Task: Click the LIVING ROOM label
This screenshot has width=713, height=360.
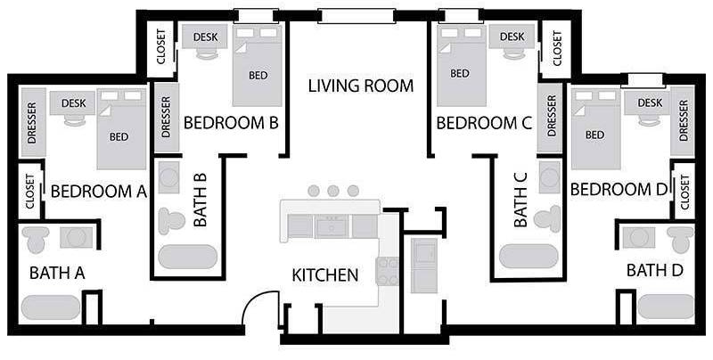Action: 361,86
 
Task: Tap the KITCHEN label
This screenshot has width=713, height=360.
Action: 324,275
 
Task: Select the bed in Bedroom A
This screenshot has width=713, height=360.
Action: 121,128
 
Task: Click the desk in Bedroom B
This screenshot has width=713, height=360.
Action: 205,37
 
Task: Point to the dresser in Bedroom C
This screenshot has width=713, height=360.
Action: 551,117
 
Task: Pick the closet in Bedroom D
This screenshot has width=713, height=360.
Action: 684,192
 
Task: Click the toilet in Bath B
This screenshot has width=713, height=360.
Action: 171,221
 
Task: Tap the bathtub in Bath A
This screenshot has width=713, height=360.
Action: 51,307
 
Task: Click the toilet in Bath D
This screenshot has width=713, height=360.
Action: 680,239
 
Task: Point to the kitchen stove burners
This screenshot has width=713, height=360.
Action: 387,272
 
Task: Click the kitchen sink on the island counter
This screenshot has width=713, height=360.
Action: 332,226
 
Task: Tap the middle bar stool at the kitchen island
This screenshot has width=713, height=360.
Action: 332,191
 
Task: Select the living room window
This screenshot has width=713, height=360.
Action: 356,16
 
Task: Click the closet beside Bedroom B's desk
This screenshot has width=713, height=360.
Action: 162,47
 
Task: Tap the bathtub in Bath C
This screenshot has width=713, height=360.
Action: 529,257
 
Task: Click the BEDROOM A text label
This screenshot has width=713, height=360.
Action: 99,192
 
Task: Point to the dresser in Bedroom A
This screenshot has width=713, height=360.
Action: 33,122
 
